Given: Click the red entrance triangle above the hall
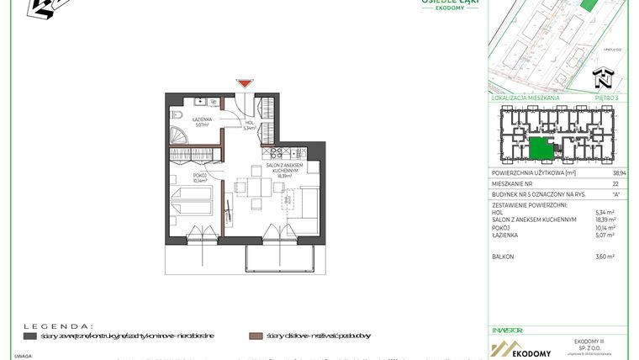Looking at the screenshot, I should click(244, 83).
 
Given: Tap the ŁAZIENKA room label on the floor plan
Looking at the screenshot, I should click(202, 120).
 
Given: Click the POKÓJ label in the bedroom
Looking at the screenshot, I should click(200, 177).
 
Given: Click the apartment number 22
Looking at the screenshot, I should click(615, 183).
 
